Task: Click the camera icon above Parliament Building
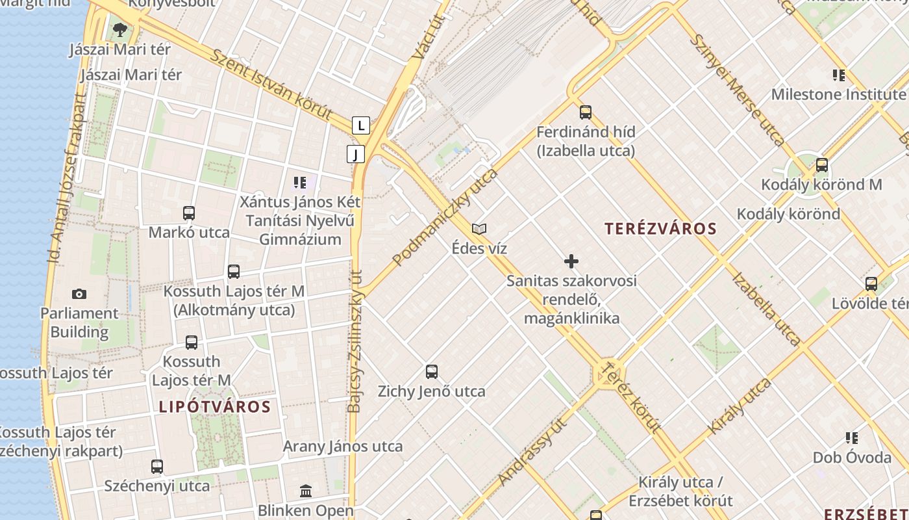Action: coord(79,294)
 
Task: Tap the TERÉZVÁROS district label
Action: coord(660,229)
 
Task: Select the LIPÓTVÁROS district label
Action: coord(215,407)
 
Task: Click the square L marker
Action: coord(360,125)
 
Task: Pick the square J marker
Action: coord(356,154)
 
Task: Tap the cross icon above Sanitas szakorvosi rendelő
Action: coord(571,261)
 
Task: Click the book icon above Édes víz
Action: coord(479,229)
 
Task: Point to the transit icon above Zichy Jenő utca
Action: coord(432,372)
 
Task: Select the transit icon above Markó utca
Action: coord(189,213)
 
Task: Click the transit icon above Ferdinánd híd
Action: coord(586,112)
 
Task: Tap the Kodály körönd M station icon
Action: coord(822,165)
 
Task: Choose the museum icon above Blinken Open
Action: coord(306,491)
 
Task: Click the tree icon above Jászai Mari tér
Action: coord(119,29)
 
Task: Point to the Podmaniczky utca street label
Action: coord(445,217)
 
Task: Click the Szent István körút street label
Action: coord(271,84)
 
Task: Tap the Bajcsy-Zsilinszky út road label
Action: coord(356,341)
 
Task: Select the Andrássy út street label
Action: coord(532,452)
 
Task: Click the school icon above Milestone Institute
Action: coord(839,75)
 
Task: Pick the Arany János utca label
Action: coord(343,447)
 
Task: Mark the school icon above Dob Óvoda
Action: coord(852,438)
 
